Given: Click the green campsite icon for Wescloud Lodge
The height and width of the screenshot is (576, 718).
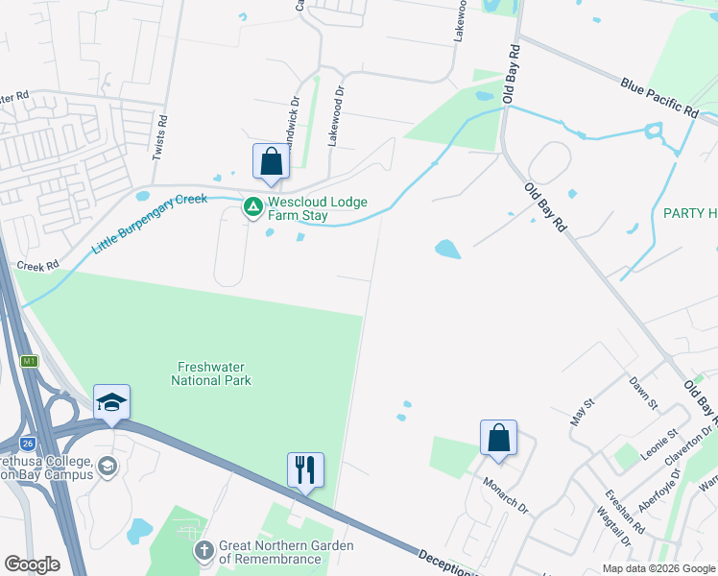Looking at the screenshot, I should click(252, 206).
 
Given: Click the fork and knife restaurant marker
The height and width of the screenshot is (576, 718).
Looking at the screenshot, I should click(305, 470).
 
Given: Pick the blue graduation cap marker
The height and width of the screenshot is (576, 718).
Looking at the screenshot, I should click(111, 403).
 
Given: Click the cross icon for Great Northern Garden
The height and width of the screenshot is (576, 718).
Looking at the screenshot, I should click(203, 551).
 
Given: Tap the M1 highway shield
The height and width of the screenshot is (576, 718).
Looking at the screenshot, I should click(30, 361).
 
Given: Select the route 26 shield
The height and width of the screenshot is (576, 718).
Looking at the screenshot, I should click(31, 443).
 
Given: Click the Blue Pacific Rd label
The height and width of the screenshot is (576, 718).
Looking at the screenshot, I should click(658, 97).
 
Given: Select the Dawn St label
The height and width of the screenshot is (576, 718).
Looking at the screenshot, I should click(642, 393).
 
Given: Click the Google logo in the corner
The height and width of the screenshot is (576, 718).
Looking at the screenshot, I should click(32, 564).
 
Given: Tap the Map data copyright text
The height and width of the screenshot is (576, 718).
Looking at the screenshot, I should click(658, 568).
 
